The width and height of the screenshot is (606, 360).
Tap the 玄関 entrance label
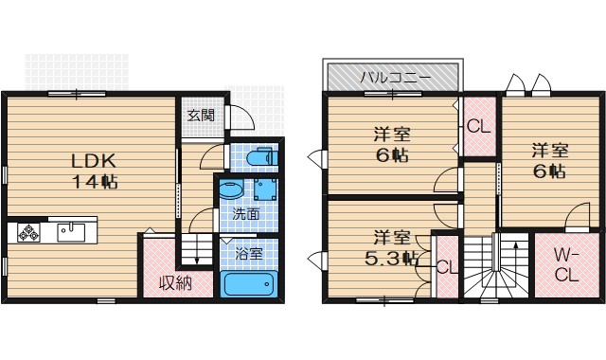pos(200,116)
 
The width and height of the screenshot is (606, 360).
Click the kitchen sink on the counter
pos(70,230)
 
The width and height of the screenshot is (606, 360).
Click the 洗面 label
pos(248,216)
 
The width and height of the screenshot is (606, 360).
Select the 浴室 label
pos(249,254)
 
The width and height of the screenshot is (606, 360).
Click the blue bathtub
pos(248,284)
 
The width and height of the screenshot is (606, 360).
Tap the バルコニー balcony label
pos(394,76)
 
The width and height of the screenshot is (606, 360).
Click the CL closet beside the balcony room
pos(477,126)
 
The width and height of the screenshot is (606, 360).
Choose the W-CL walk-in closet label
pos(566,266)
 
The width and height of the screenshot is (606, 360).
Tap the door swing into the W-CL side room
pos(577,219)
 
